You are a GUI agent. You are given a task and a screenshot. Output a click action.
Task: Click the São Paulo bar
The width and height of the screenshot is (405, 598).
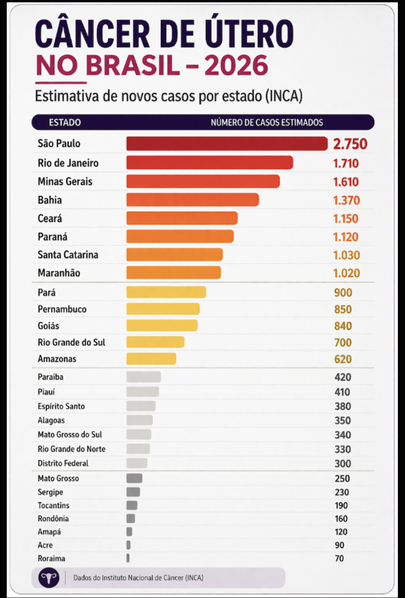(226, 144)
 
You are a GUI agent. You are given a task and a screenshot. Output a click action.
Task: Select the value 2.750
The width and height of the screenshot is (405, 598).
(350, 144)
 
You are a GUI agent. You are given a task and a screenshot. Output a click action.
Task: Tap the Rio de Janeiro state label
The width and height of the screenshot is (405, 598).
(68, 163)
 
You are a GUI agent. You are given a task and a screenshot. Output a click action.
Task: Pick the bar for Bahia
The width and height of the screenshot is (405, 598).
(192, 200)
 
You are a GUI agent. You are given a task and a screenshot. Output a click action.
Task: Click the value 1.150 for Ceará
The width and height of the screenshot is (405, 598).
(345, 218)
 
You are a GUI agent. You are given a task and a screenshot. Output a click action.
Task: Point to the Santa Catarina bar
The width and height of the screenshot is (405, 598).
(174, 255)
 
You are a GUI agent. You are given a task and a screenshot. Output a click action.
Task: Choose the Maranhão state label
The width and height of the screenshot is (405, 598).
(59, 273)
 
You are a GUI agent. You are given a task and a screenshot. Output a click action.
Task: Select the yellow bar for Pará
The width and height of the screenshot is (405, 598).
(166, 292)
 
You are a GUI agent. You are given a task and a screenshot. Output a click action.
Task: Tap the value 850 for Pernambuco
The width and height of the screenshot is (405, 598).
(343, 309)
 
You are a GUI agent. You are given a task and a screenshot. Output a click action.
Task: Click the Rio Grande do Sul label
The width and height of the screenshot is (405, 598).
(71, 342)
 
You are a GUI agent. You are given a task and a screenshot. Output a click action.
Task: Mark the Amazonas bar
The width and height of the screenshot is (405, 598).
(151, 359)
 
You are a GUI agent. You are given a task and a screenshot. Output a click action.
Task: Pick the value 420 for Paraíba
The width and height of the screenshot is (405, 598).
(343, 377)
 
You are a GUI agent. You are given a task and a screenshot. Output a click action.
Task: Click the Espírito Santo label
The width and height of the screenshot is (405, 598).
(61, 406)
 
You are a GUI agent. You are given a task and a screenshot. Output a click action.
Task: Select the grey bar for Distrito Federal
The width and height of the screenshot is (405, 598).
(137, 463)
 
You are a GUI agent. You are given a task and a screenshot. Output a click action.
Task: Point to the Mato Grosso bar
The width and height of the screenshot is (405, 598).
(134, 478)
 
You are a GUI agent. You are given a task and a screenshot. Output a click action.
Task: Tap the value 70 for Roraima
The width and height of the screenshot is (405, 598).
(339, 558)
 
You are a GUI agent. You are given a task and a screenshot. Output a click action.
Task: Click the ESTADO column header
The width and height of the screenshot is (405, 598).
(65, 123)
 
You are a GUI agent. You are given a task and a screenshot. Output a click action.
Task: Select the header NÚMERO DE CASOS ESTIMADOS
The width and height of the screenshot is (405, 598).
(267, 123)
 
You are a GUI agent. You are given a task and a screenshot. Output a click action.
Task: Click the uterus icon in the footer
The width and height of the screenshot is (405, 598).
(49, 578)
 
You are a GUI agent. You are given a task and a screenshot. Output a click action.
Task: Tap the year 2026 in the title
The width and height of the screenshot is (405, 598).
(236, 66)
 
